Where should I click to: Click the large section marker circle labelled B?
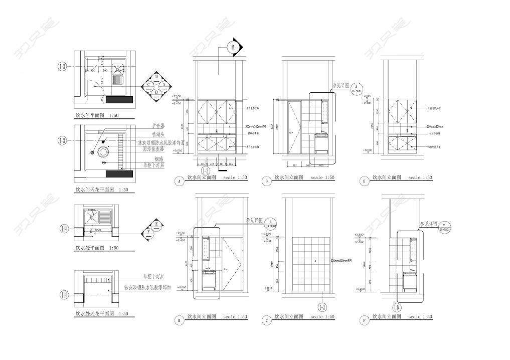click(233, 48)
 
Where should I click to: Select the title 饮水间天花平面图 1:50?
click(102, 190)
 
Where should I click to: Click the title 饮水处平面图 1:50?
click(97, 248)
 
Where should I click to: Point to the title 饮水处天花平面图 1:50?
click(102, 314)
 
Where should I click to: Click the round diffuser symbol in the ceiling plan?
click(104, 151)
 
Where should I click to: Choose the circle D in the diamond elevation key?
click(157, 77)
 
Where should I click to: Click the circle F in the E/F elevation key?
click(149, 232)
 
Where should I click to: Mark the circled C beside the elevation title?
click(267, 320)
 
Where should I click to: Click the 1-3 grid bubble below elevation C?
click(321, 307)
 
